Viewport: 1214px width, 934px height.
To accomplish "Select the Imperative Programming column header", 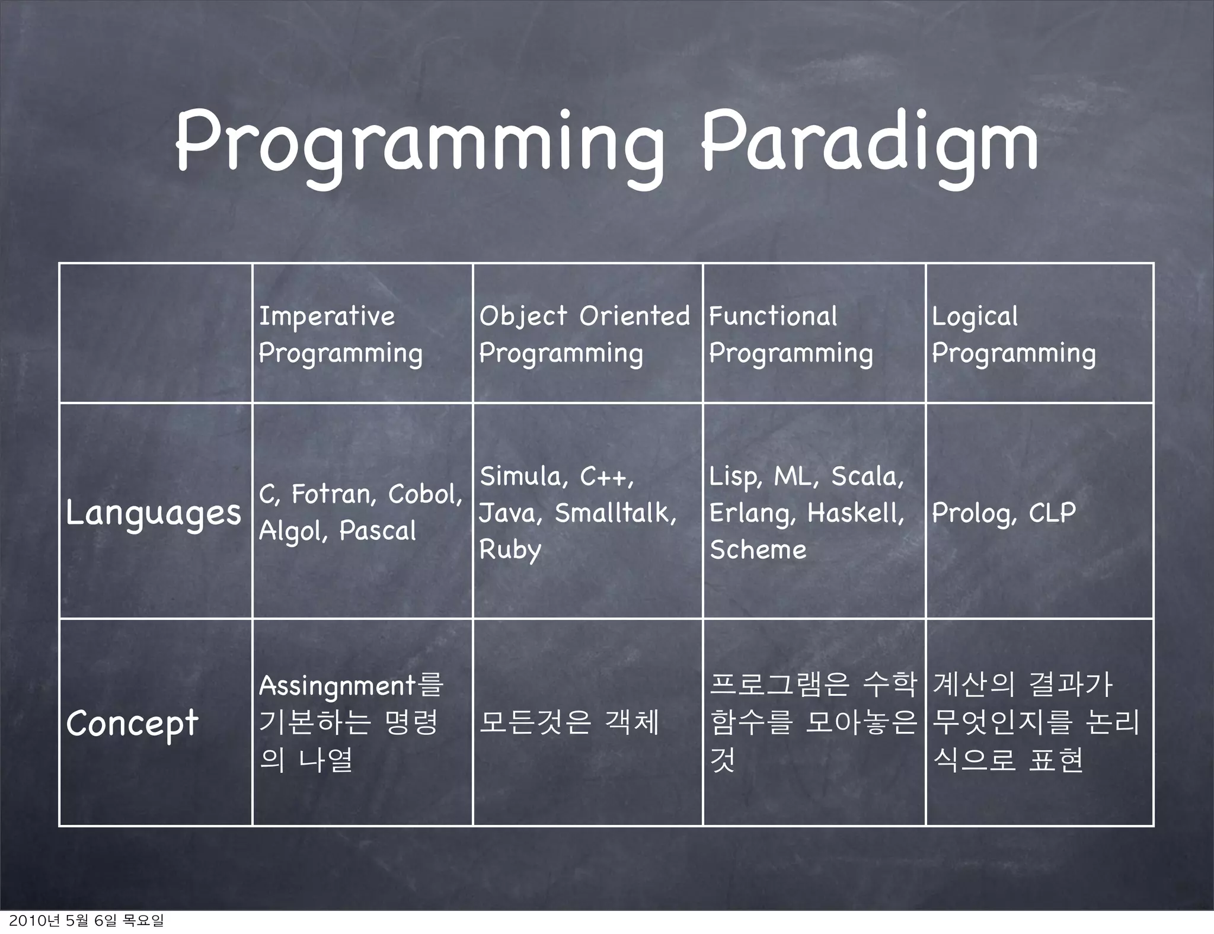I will [340, 334].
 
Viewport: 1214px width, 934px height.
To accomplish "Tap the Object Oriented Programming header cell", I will [584, 334].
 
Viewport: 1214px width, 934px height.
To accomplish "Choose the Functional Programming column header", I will [791, 334].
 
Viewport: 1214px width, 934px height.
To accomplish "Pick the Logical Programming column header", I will [1013, 334].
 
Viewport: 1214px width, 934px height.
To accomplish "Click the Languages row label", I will [154, 513].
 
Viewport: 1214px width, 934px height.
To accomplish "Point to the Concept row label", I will [132, 723].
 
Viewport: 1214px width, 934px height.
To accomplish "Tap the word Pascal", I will [378, 531].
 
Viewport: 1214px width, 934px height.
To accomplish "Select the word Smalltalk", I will [614, 513].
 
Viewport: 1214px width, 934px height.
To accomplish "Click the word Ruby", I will [510, 550].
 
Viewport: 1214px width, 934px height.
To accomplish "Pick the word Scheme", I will [758, 550].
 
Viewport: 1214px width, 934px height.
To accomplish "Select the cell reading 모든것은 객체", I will [569, 722].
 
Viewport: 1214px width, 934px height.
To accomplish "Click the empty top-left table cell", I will [156, 333].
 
